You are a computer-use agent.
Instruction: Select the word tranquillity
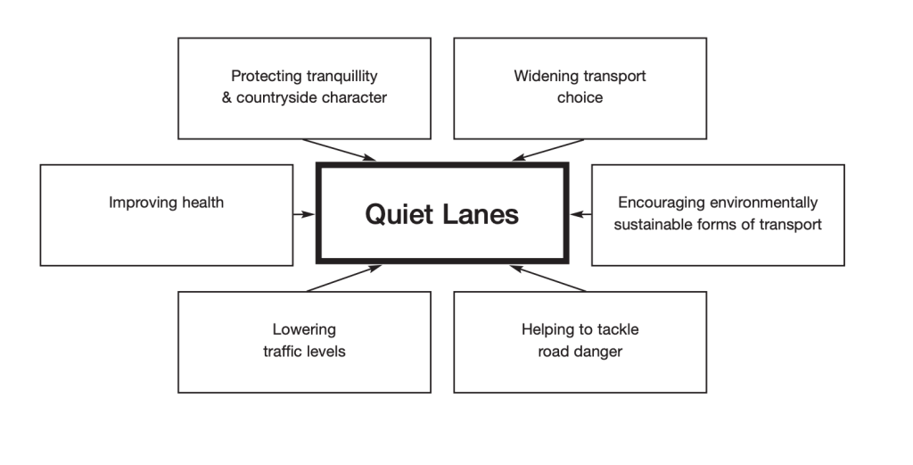pos(341,76)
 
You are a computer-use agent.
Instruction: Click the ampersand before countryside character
pos(226,97)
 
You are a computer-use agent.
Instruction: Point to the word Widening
pos(543,76)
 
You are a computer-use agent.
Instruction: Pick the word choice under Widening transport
pos(580,97)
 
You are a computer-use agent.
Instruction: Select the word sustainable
pos(654,224)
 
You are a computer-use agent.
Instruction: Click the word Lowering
pos(304,329)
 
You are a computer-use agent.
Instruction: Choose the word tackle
pos(617,329)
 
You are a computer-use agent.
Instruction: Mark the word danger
pos(601,351)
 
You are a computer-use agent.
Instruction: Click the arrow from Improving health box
pos(304,214)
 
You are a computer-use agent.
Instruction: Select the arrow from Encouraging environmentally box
pos(580,214)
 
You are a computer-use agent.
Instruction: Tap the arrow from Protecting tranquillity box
pos(340,150)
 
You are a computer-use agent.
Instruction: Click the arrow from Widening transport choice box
pos(547,150)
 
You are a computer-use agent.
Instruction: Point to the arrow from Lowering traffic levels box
pos(343,278)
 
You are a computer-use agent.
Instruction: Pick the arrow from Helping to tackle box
pos(547,278)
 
